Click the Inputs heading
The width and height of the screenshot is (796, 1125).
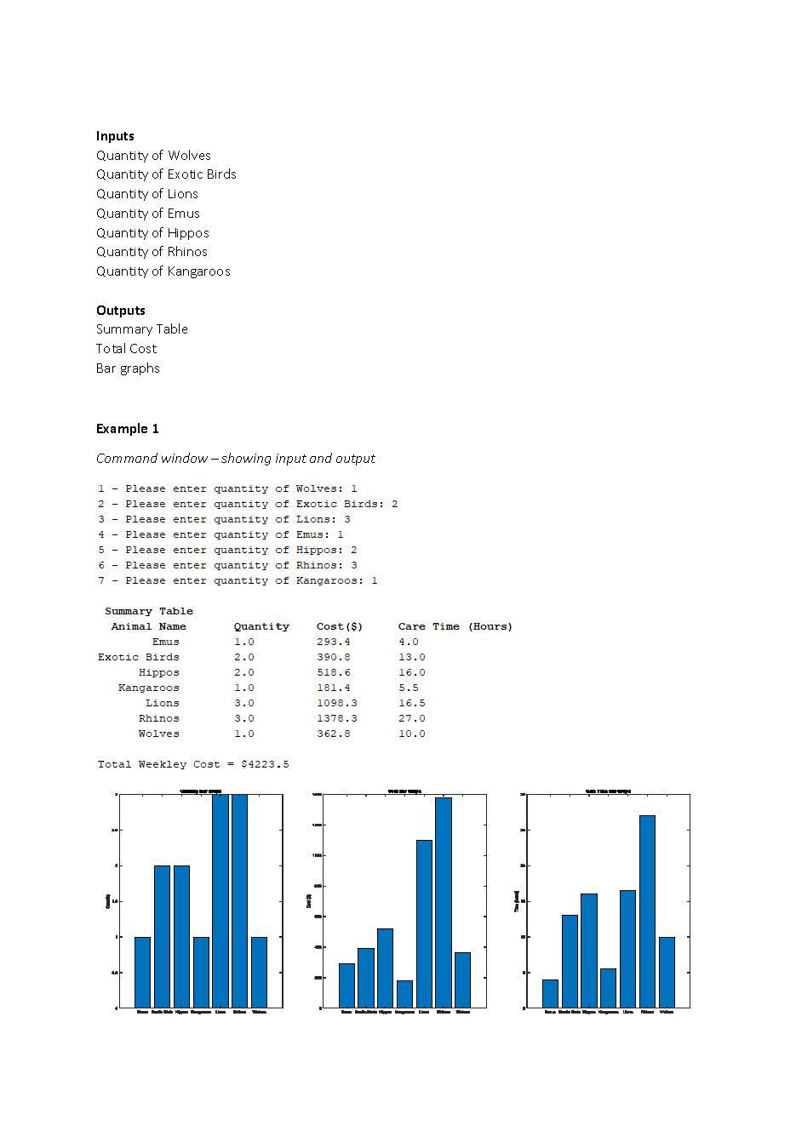click(x=115, y=136)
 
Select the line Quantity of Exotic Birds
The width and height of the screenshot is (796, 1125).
click(x=166, y=174)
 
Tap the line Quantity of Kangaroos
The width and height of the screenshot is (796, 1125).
click(x=163, y=271)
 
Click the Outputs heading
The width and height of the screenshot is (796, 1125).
click(x=120, y=311)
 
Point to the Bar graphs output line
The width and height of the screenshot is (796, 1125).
click(x=128, y=368)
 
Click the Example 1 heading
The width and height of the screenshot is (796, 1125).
click(x=127, y=429)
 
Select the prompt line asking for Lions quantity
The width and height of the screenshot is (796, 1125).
click(x=224, y=519)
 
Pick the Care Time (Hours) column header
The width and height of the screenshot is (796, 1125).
click(x=455, y=626)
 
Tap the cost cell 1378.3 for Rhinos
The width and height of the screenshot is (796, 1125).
click(x=336, y=718)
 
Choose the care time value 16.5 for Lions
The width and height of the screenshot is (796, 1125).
click(x=411, y=703)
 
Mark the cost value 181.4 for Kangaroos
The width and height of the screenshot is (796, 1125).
click(x=333, y=688)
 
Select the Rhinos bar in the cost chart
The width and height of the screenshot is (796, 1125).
click(x=443, y=902)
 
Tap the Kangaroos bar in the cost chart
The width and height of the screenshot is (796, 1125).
click(x=404, y=994)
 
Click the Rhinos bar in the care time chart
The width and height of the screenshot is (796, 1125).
click(x=647, y=911)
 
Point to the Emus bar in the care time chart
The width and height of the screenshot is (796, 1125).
click(x=550, y=994)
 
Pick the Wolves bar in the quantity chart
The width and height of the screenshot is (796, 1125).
click(x=259, y=973)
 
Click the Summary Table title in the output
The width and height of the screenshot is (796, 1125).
click(x=148, y=611)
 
